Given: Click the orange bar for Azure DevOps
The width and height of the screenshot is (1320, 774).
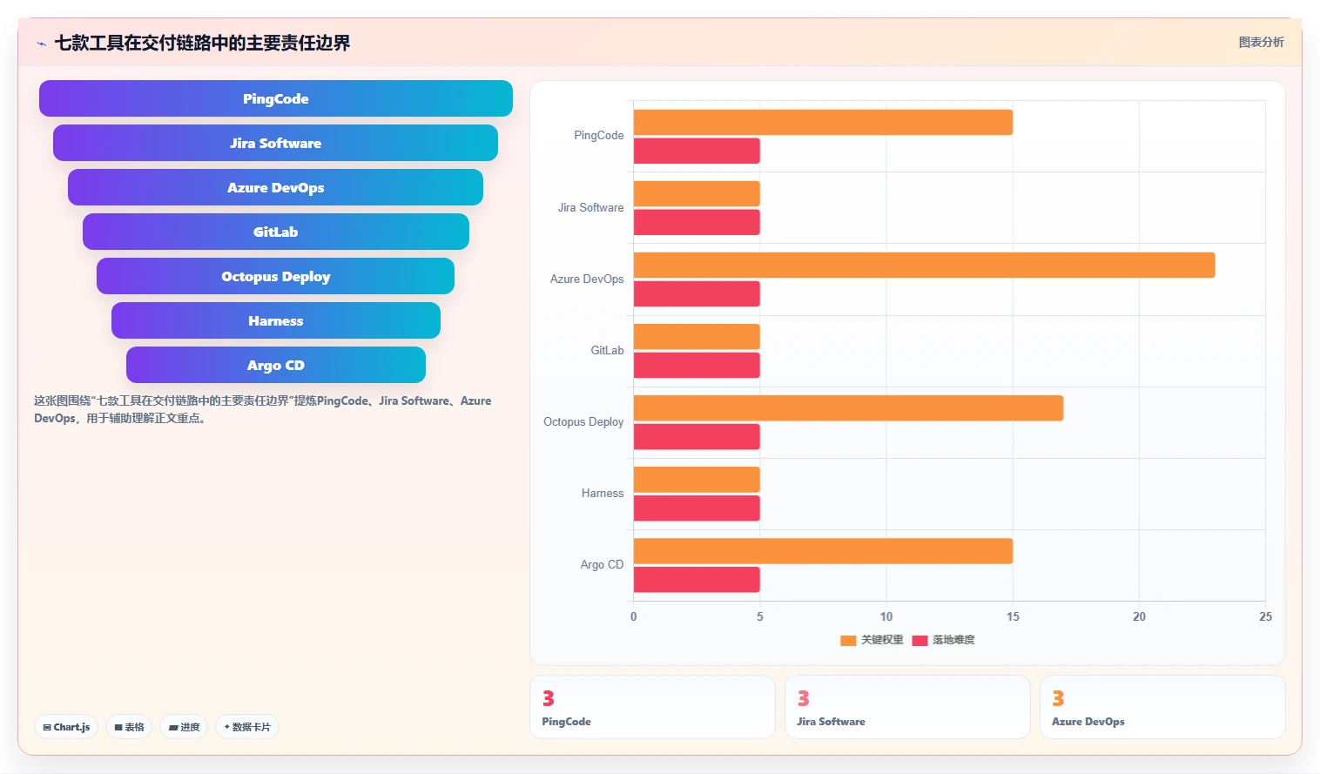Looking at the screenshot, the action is coord(924,265).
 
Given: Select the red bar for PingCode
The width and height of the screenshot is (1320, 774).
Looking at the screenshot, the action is coord(697,151).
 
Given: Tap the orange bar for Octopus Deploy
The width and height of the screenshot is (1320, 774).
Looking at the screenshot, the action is coord(848,408).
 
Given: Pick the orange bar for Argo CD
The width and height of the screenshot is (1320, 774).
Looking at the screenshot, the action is coord(823,551).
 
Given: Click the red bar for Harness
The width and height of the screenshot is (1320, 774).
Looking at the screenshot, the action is coord(697,508).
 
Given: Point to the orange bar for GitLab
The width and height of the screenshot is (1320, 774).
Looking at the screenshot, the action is coord(697,336).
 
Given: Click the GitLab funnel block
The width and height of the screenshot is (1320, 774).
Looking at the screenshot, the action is coord(276,232).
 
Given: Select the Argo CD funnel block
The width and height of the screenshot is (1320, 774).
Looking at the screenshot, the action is coord(276,365).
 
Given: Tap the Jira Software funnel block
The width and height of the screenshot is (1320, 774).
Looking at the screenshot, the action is coord(275,143).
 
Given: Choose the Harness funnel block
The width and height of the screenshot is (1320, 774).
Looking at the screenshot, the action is coord(276,320).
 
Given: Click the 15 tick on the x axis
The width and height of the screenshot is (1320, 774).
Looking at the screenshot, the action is coord(1013,616).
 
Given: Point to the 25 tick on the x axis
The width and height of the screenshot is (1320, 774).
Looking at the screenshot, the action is coord(1265,616).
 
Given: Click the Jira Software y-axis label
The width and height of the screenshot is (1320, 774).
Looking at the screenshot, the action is coord(590,207).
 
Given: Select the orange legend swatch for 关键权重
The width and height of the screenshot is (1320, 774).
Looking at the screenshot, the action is coord(848,640).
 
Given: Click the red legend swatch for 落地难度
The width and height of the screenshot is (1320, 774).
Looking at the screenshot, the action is coord(919,640).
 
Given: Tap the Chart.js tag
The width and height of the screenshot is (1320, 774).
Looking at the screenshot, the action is coord(66,727).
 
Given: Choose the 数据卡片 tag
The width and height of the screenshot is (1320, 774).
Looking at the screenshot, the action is coord(247,727).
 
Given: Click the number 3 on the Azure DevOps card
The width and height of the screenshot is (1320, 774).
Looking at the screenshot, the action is coord(1058,698).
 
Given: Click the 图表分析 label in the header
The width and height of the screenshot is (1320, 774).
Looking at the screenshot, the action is coord(1261,43).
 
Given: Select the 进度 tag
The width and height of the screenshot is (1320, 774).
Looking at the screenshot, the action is coord(184,727).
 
